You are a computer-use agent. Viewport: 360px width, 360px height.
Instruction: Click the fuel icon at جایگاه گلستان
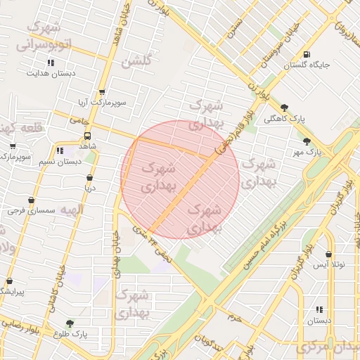306,54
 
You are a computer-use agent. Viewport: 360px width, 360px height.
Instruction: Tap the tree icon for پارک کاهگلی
284,108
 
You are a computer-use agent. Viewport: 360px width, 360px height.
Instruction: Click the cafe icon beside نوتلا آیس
328,254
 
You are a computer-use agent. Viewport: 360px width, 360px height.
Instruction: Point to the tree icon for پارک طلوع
70,324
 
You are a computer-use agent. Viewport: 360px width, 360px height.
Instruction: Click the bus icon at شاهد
88,136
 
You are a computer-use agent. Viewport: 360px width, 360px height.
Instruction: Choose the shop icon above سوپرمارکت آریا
102,92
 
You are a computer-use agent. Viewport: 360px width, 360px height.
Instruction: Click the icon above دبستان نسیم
60,150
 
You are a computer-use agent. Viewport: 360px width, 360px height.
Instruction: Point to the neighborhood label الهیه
71,210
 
